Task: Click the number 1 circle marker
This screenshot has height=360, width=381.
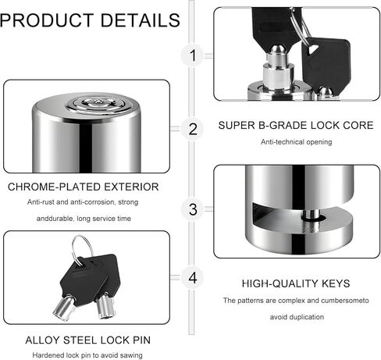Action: pos(193,55)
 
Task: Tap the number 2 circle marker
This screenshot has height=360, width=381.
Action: pos(193,129)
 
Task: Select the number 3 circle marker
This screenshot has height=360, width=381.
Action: pos(193,209)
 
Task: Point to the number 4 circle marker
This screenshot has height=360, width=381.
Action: pos(193,278)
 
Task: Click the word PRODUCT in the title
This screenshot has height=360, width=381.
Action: pos(47,20)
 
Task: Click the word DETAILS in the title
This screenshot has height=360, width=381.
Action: pos(141,20)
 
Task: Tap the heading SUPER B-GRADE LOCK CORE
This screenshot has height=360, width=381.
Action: pos(296,126)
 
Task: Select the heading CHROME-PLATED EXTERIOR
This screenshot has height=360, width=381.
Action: pos(84,187)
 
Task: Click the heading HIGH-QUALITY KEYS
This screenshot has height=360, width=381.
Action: pos(296,283)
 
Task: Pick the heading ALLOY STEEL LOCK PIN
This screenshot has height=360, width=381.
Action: pos(88,340)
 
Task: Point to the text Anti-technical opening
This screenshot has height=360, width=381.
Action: pos(297,142)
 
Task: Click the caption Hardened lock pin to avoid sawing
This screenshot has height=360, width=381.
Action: pos(87,355)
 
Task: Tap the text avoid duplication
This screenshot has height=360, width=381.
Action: pos(297,317)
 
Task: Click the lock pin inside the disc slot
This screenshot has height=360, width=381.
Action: pos(310,216)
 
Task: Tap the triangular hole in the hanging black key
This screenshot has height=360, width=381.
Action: pos(312,49)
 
